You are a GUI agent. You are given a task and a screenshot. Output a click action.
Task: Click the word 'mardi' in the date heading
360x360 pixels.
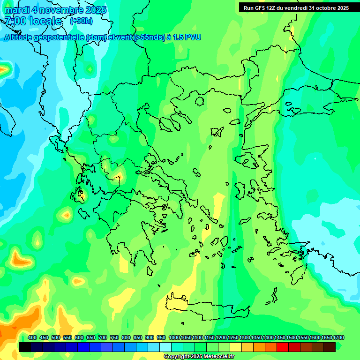(x=17, y=10)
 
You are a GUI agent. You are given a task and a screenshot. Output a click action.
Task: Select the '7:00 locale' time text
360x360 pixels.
(x=33, y=21)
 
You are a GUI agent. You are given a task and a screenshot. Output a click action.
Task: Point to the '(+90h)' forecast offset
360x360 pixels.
(x=81, y=21)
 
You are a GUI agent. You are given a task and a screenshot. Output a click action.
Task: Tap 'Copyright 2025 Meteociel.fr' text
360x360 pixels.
(x=199, y=357)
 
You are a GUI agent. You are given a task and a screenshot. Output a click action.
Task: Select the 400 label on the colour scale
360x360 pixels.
(x=32, y=337)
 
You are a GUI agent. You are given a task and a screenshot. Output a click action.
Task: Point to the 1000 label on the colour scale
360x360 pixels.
(x=174, y=337)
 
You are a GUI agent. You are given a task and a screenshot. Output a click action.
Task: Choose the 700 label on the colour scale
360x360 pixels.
(x=103, y=337)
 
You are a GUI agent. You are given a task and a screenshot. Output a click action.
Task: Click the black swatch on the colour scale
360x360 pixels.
(x=25, y=347)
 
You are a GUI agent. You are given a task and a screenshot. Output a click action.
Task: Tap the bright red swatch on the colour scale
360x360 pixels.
(x=282, y=347)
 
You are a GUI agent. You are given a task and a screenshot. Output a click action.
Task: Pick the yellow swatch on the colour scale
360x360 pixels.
(x=235, y=347)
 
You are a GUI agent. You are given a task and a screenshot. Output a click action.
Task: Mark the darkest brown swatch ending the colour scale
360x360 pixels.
(x=330, y=347)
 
